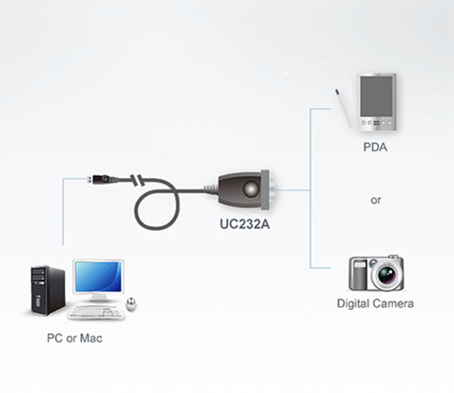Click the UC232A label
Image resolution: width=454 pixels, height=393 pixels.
245,224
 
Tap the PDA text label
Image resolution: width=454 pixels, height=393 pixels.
375,147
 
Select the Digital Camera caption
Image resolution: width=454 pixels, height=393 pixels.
375,304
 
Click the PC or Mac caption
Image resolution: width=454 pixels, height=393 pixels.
75,338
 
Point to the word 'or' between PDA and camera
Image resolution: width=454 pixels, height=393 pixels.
375,200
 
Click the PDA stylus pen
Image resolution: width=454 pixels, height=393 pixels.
344,108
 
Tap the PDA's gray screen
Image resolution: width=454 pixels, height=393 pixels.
377,96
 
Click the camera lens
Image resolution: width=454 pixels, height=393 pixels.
386,273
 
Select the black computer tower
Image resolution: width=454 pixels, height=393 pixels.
48,290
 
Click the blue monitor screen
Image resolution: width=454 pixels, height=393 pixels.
98,277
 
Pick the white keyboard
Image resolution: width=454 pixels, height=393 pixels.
96,312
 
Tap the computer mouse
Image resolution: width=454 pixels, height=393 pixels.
131,304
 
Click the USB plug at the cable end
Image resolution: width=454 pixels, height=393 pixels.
100,179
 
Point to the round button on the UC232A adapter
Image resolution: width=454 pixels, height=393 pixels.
250,190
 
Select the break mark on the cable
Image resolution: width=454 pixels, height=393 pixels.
136,180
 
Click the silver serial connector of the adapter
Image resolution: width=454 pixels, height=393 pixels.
266,191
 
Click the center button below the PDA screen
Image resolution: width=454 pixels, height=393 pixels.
377,123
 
